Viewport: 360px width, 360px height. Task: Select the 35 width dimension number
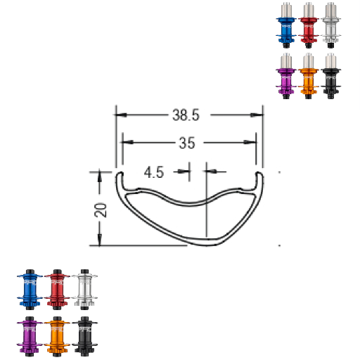186,143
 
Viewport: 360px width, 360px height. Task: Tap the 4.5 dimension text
155,171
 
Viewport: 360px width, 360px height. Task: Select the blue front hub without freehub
29,288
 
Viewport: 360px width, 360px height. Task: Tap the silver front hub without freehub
82,288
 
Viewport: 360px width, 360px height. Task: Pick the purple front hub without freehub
29,336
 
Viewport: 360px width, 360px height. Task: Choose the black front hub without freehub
82,336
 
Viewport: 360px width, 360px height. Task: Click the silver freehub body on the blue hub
286,10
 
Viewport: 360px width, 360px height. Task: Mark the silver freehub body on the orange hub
307,59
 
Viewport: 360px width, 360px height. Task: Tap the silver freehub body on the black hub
330,59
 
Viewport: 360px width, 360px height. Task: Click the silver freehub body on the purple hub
286,59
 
